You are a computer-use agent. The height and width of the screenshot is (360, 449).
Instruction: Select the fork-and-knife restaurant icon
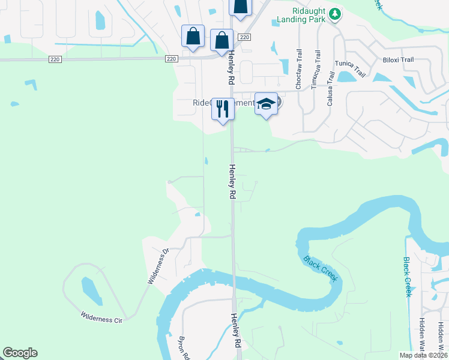(x=223, y=109)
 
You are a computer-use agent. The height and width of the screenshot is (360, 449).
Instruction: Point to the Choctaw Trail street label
(x=298, y=70)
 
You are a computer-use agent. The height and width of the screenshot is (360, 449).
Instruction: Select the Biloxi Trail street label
(x=398, y=60)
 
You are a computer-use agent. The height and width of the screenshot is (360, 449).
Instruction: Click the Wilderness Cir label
(x=101, y=317)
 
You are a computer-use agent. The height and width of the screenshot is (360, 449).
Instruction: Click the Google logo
(x=20, y=353)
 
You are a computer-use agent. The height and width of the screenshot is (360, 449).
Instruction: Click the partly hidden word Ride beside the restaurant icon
(x=200, y=103)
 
